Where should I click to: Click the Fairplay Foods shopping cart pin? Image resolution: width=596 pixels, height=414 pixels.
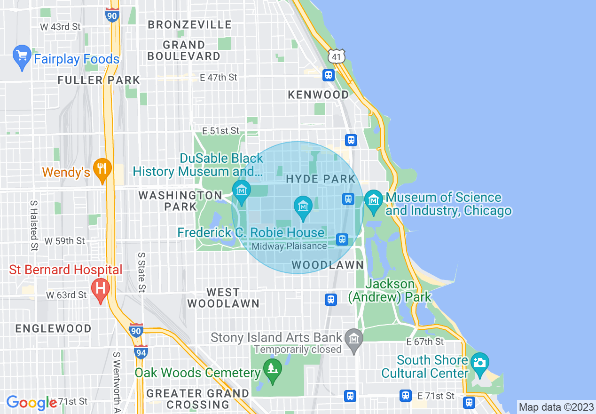[22, 57]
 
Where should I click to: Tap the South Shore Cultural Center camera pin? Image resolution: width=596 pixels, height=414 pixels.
[479, 364]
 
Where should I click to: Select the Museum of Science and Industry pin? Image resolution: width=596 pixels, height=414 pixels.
[374, 201]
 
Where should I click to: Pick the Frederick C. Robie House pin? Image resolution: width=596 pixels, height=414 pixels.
[303, 207]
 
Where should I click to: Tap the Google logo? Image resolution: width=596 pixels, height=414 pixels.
[31, 402]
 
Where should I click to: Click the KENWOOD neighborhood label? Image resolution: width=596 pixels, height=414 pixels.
[318, 95]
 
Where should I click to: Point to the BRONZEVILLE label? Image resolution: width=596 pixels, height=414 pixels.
[190, 24]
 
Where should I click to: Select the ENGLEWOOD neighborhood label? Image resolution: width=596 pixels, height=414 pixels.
[54, 328]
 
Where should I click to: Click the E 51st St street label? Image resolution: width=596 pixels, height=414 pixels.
[220, 130]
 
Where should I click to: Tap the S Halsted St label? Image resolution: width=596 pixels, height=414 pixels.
[34, 225]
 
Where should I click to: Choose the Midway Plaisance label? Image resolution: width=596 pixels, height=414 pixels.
[289, 246]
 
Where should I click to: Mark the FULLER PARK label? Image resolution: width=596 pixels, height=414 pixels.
[99, 80]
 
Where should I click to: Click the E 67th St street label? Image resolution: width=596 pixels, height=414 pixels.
[425, 342]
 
